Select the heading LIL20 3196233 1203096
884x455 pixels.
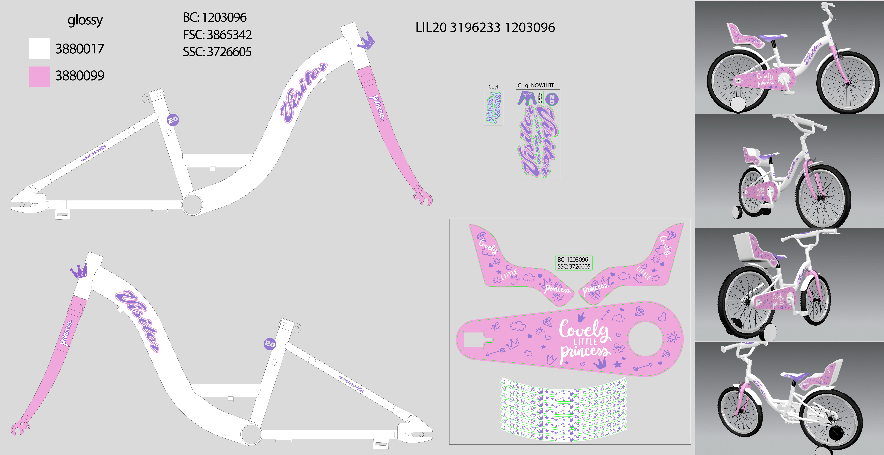pyautogui.click(x=485, y=27)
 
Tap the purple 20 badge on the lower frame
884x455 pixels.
pyautogui.click(x=270, y=344)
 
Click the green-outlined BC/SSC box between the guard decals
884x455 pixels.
pyautogui.click(x=574, y=263)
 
